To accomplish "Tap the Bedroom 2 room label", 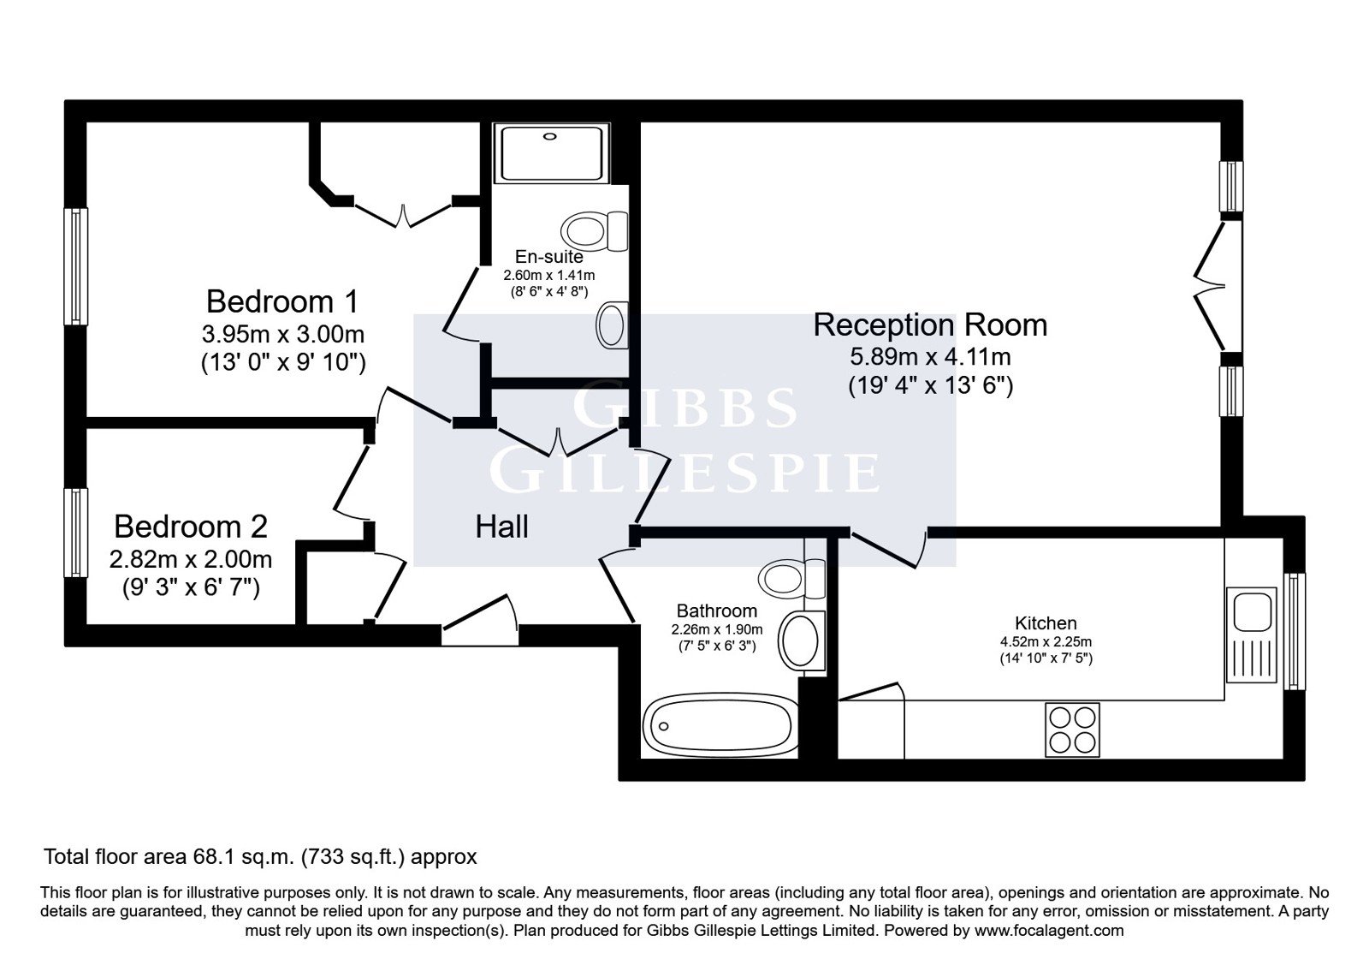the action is pos(191,527).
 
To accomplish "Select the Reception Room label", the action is pos(929,325).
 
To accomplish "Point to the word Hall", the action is pos(501,527).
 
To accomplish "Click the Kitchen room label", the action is pos(1046,623).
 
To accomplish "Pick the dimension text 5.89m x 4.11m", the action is pos(930,356).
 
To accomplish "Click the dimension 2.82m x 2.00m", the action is pos(191,559).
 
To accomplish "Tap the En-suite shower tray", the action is pos(551,153).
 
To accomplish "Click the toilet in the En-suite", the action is pos(594,231).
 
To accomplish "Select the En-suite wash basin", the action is pos(612,325).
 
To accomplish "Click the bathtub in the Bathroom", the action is pos(720,725).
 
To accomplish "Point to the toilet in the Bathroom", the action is pos(791,577).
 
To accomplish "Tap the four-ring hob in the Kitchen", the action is pos(1072,730).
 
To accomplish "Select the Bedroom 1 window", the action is pos(76,266).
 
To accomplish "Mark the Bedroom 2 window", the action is pos(76,533).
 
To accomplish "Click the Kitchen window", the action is pos(1294,631).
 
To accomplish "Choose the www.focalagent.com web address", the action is pos(1049,931).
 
